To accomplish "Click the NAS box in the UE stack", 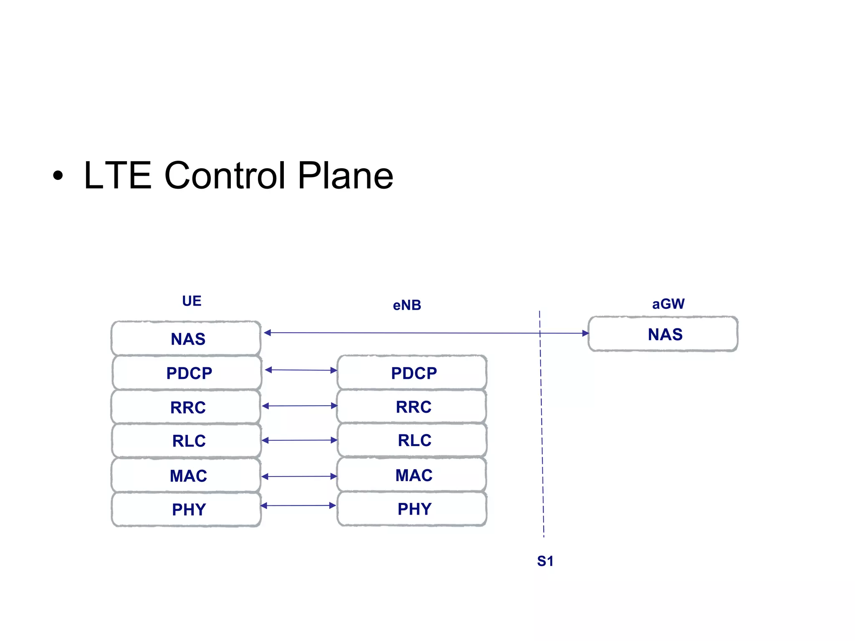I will click(186, 338).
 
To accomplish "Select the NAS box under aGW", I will click(663, 334).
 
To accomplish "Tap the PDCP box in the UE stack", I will click(187, 373).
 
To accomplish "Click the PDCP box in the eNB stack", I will click(412, 373).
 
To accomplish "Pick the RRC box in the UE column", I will click(186, 407).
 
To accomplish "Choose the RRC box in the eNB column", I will click(412, 406).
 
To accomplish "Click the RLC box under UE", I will click(187, 441).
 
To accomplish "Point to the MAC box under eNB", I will click(412, 475).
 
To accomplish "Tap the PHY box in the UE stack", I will click(187, 509).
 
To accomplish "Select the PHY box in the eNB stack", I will click(412, 509).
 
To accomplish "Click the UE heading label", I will click(192, 301).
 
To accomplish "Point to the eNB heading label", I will click(407, 305).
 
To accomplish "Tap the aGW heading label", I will click(668, 303).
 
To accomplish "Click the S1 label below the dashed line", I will click(545, 561).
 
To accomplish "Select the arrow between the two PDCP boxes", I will click(301, 370).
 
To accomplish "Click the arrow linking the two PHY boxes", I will click(298, 505).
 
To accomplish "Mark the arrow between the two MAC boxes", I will click(299, 476).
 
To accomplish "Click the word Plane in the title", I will click(345, 175).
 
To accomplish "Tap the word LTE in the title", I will click(117, 175).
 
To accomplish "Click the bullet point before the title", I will click(58, 176).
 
